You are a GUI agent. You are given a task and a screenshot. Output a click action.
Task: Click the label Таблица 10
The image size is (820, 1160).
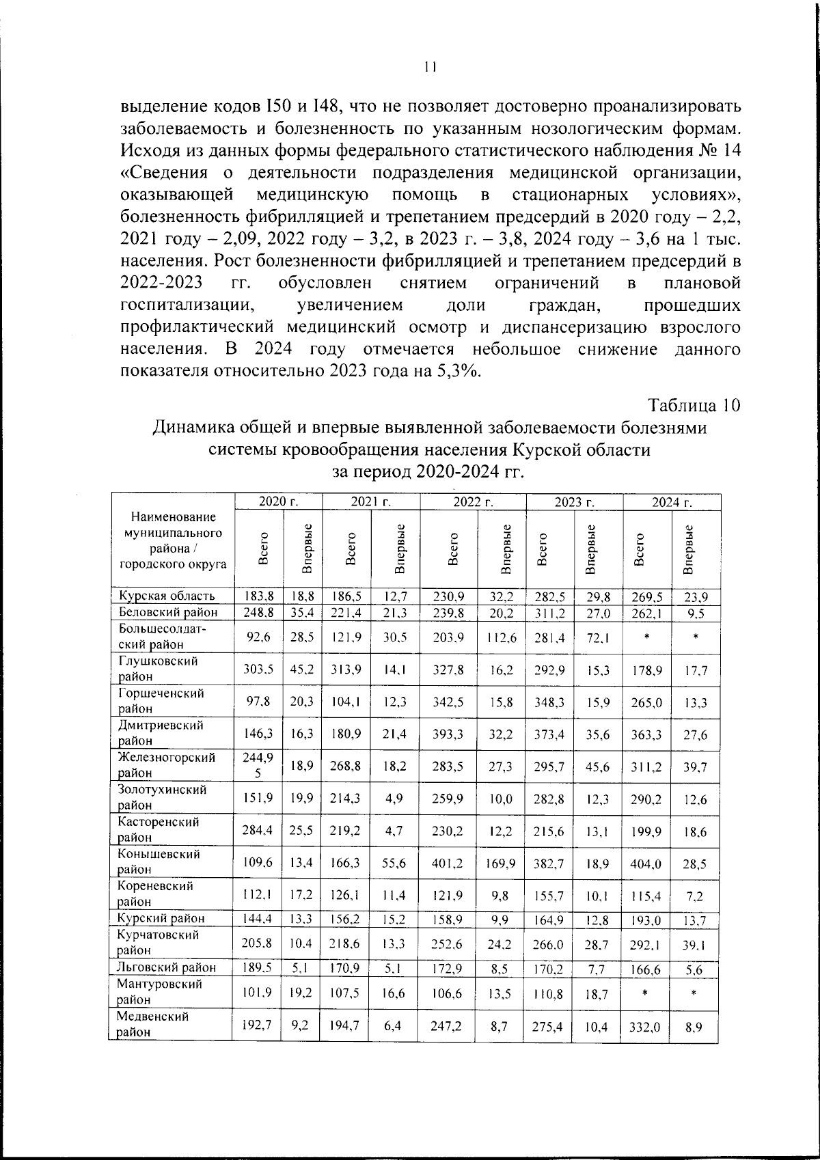click(694, 405)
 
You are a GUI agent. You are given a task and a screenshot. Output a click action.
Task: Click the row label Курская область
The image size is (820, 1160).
click(166, 596)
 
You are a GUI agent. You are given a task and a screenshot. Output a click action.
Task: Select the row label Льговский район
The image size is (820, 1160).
click(167, 967)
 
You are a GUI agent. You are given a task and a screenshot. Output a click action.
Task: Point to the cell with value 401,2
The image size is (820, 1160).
click(448, 863)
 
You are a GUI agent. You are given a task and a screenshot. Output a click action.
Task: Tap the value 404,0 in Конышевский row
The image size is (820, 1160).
click(646, 863)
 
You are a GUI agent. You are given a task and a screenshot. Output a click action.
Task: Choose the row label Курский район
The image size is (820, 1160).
click(161, 918)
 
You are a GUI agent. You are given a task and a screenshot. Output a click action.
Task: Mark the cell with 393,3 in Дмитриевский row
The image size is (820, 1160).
click(448, 734)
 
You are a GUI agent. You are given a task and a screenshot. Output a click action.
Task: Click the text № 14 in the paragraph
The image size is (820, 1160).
click(720, 150)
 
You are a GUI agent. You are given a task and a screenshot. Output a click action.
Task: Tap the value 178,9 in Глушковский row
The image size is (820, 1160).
click(646, 670)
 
